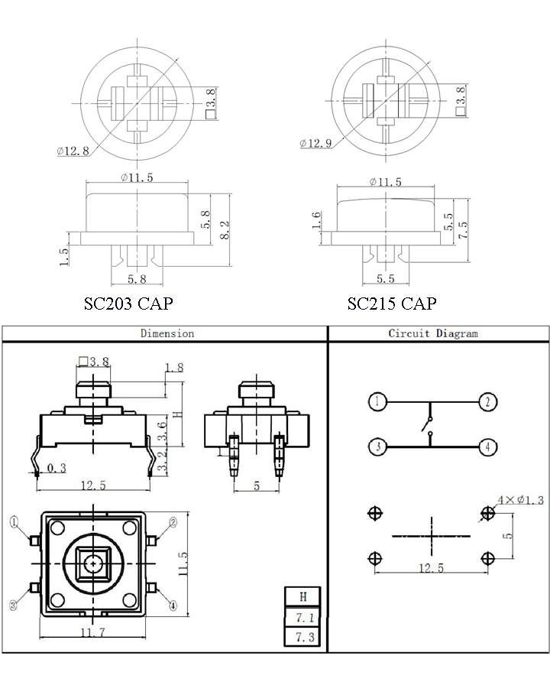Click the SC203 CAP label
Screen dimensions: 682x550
pos(128,304)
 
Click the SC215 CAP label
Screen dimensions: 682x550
pos(391,304)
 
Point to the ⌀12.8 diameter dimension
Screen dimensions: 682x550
pos(73,151)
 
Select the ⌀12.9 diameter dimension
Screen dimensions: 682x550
pos(315,144)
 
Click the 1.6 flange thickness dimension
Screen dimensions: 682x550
pos(317,222)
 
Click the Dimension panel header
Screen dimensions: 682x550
pos(167,333)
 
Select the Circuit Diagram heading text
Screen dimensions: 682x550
pos(433,333)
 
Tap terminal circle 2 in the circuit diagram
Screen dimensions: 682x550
pos(487,401)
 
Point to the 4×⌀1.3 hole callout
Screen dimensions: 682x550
pos(521,500)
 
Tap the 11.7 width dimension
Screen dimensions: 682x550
pos(90,632)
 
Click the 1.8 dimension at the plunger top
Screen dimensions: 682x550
pos(174,368)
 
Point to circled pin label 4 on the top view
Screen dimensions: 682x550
pos(173,606)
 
